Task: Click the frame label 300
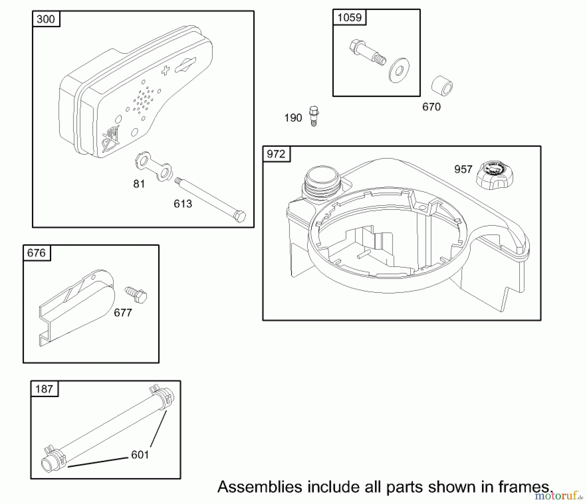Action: click(x=46, y=19)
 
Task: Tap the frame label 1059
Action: click(x=349, y=17)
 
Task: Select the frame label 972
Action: click(x=276, y=154)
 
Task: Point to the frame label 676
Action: click(x=37, y=253)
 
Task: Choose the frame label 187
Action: click(x=44, y=389)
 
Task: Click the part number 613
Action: click(x=183, y=204)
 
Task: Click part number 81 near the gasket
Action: click(x=139, y=184)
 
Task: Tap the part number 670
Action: click(x=431, y=107)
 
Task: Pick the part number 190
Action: click(x=293, y=118)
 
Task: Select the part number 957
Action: click(x=463, y=169)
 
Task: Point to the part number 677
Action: click(x=123, y=313)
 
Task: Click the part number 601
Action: click(x=140, y=455)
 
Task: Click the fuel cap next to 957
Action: click(x=494, y=176)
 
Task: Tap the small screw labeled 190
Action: click(x=314, y=116)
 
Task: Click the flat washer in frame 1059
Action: click(x=399, y=70)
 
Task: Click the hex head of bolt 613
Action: click(x=240, y=216)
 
